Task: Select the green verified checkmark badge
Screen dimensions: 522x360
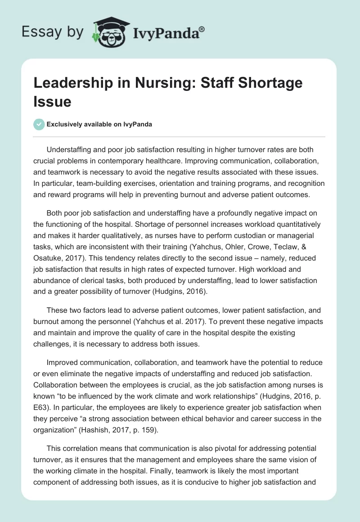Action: [39, 125]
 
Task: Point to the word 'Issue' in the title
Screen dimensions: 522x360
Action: [53, 101]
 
